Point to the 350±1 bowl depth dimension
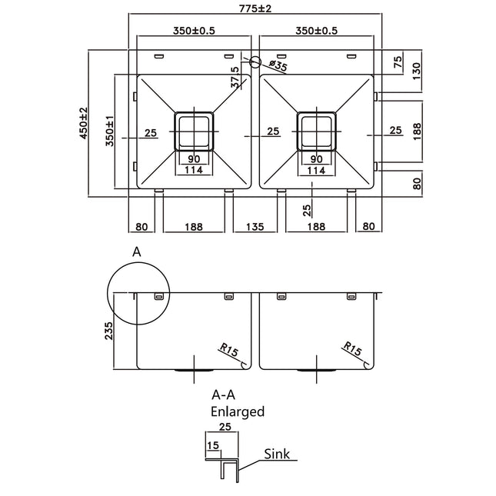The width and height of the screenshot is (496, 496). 109,131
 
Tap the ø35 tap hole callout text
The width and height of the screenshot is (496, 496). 278,68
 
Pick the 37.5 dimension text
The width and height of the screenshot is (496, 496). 235,78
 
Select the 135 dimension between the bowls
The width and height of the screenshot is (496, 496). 256,227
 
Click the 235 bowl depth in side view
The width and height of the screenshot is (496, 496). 108,331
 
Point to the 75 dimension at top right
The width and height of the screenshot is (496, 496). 398,62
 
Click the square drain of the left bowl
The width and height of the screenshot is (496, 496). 195,131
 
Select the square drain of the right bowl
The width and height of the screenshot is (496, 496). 316,131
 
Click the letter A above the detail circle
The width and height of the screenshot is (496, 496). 137,251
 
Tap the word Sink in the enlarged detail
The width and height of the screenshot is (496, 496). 276,454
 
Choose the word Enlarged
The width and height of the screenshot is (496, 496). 238,411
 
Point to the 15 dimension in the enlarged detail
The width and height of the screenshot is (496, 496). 211,444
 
